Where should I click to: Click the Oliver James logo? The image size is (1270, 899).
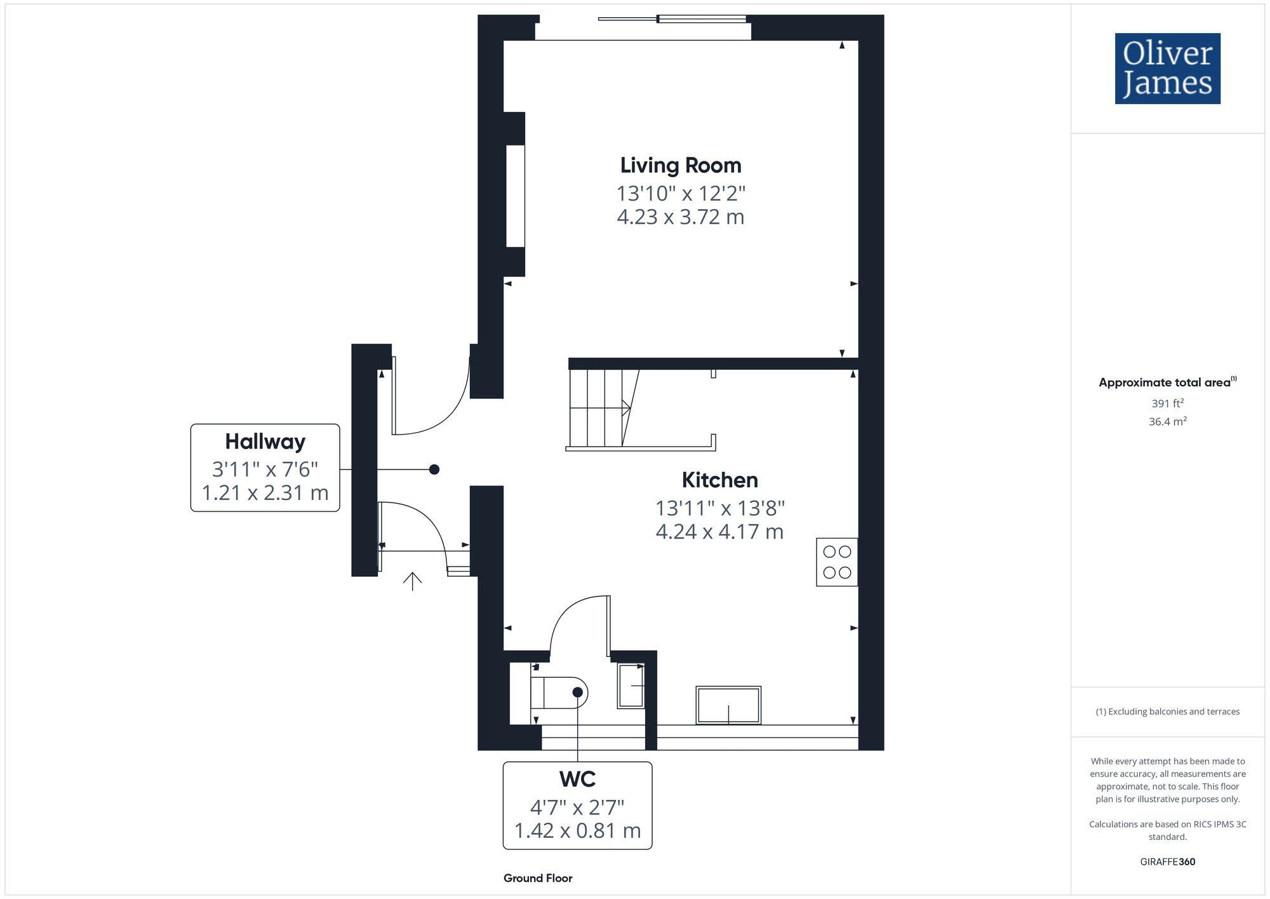pos(1168,69)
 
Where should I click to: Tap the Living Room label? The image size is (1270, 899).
pos(681,165)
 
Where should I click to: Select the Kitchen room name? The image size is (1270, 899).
pos(720,480)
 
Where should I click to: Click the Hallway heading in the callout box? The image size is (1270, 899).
pos(265,442)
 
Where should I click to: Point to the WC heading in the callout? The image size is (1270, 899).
pos(577,778)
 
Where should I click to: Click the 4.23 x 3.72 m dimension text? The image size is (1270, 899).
pos(681,217)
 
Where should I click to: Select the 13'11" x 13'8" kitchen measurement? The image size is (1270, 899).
pos(720,508)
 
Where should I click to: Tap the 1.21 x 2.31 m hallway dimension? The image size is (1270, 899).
pos(265,492)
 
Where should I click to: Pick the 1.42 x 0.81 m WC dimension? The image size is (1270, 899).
pos(577,830)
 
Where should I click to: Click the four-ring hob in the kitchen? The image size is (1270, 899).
pos(837,562)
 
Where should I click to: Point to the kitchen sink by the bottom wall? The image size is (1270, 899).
pos(728,705)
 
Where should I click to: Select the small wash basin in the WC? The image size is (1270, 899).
pos(631,686)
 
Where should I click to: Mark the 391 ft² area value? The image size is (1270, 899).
pos(1168,403)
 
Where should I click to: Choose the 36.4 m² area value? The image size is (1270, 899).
pos(1168,421)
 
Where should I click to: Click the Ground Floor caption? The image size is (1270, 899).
pos(538,878)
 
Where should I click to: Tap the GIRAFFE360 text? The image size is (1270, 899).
pos(1168,862)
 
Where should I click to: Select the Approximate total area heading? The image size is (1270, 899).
pos(1168,382)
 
